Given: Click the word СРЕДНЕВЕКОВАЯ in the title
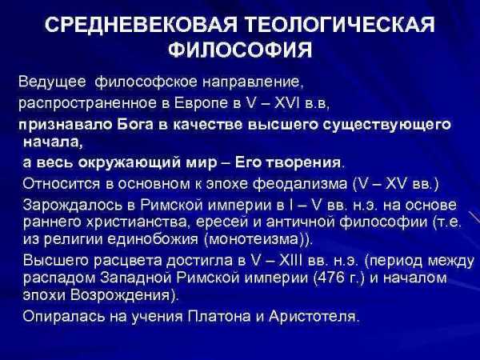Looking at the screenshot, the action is point(141,25).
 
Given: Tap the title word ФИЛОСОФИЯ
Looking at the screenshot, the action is point(240,50).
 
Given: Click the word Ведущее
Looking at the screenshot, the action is point(52,82).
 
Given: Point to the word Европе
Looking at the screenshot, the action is point(201,103).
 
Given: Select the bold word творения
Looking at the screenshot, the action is point(302,162).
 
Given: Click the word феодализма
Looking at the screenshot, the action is point(301,184).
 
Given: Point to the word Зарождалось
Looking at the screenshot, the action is point(72,206).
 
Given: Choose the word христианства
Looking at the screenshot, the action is point(137,222).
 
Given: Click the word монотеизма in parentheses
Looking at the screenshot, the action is point(253,239).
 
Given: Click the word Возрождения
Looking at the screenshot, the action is point(120,295).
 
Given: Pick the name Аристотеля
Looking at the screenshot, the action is point(312,317).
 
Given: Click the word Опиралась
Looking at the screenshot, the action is point(64,317).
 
